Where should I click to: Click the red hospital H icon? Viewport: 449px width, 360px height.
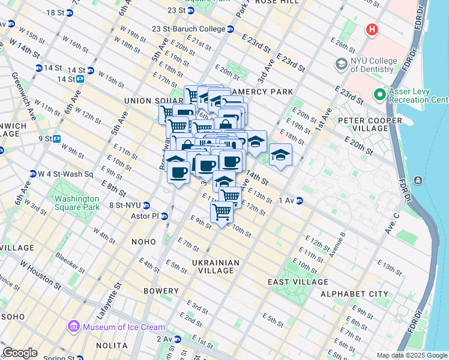tap(372, 29)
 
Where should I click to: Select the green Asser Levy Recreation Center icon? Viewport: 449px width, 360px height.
tap(379, 94)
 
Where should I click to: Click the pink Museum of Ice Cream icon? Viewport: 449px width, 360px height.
tap(74, 326)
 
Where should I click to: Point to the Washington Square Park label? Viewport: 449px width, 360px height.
tap(76, 203)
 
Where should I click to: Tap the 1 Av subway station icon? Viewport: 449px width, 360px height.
tap(298, 200)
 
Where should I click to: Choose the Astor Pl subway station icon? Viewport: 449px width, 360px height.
tap(164, 216)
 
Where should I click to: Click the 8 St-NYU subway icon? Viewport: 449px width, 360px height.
tap(146, 206)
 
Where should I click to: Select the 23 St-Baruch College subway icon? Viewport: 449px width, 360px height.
tap(231, 29)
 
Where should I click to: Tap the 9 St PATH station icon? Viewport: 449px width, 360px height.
tap(57, 139)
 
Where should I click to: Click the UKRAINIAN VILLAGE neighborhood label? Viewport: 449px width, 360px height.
tap(215, 266)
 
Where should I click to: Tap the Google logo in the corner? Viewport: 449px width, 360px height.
tap(20, 353)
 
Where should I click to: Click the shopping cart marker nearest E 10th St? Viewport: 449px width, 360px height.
tap(222, 212)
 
